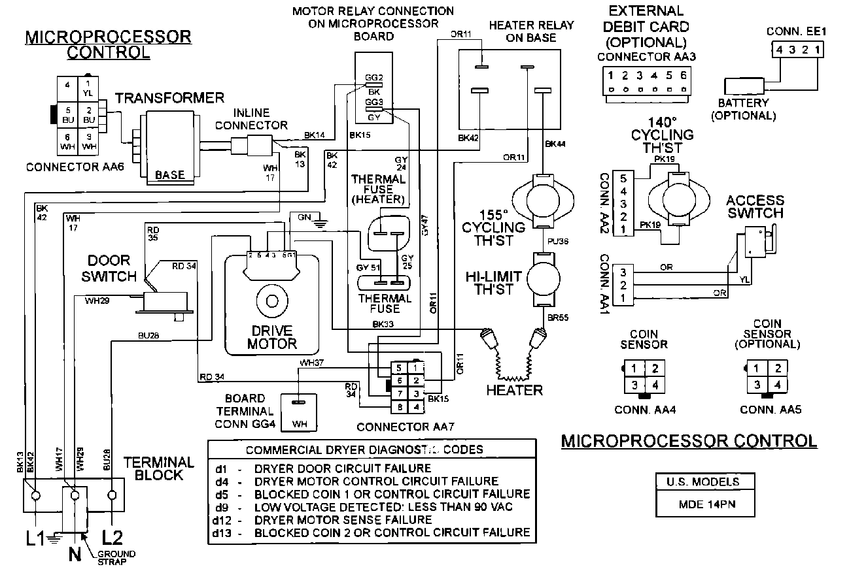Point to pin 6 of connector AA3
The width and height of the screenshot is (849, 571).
(x=683, y=75)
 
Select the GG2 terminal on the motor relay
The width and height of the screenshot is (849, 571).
(x=373, y=78)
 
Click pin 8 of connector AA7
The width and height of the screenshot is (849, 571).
(x=398, y=407)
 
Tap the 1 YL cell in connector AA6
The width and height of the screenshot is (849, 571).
(x=88, y=88)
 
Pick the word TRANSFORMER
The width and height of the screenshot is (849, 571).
(x=169, y=99)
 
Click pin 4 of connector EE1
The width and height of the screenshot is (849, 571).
(x=779, y=50)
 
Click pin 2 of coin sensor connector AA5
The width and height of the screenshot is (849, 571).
(x=778, y=368)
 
